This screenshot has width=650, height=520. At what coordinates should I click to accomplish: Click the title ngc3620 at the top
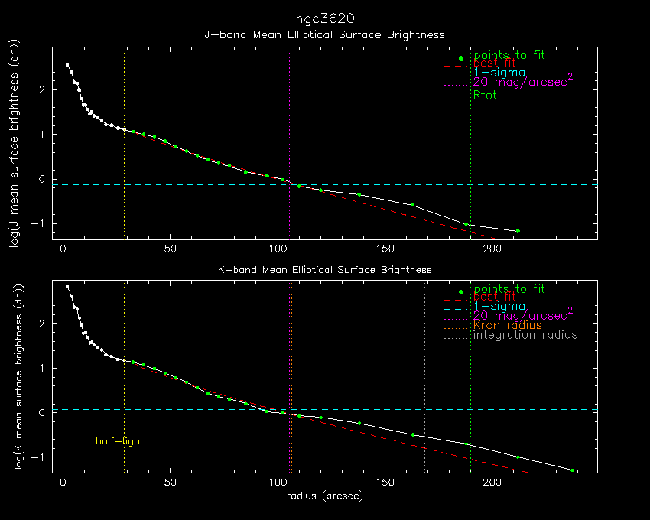(x=324, y=18)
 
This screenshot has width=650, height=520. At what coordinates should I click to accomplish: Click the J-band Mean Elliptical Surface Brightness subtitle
(x=324, y=35)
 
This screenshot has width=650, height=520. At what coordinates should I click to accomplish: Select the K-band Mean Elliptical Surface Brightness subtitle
(x=324, y=270)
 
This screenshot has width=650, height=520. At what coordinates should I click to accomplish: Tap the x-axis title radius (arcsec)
(x=324, y=496)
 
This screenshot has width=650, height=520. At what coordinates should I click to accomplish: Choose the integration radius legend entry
(x=525, y=335)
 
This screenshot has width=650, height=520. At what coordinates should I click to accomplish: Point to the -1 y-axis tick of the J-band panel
(x=43, y=224)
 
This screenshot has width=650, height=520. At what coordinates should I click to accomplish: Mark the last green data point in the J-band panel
(x=518, y=231)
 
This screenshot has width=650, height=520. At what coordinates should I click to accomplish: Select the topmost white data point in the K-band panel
(x=67, y=287)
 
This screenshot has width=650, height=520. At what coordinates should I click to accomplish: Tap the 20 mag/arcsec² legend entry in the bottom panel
(x=523, y=315)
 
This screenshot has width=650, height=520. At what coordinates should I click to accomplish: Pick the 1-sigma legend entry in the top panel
(x=499, y=73)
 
